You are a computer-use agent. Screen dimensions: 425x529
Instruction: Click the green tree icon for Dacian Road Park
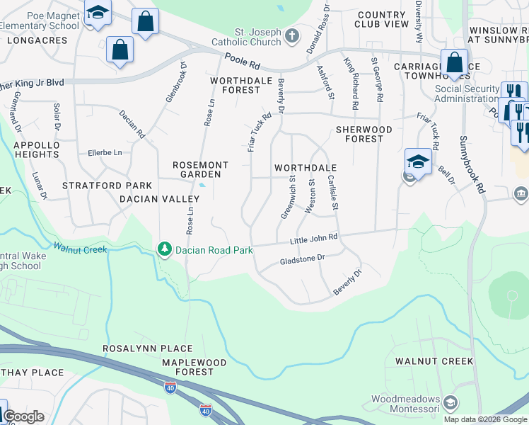[x=165, y=249]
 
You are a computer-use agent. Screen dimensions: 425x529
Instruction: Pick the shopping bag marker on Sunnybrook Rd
[x=453, y=62]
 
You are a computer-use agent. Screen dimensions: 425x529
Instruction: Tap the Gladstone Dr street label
[x=302, y=259]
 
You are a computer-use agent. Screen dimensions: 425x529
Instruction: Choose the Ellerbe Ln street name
[x=105, y=152]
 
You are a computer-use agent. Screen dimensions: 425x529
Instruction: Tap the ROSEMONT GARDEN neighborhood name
[x=201, y=169]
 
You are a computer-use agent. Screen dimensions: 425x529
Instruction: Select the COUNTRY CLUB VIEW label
[x=382, y=19]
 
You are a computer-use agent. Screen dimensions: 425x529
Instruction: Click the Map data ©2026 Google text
[x=484, y=419]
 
